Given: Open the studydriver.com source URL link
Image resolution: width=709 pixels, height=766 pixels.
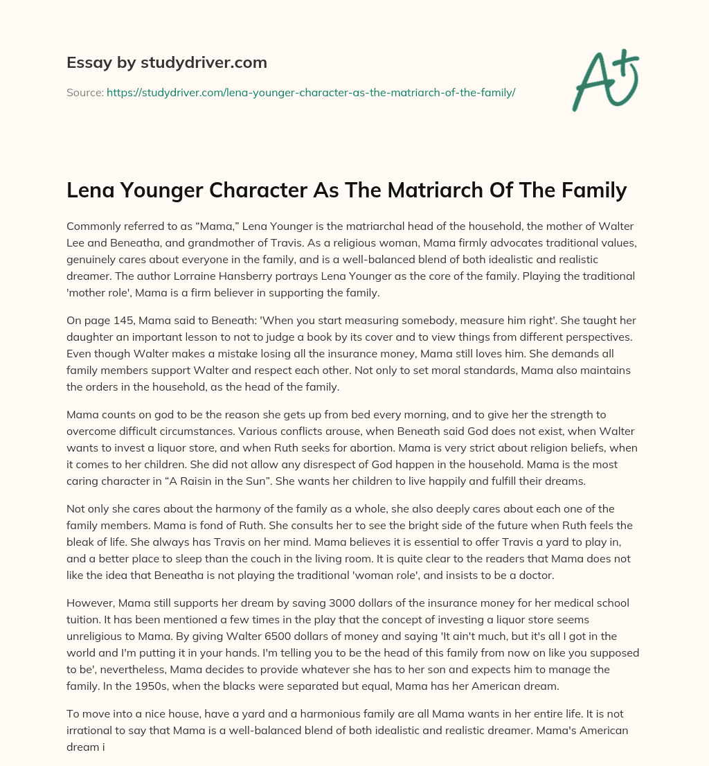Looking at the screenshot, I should pos(311,91).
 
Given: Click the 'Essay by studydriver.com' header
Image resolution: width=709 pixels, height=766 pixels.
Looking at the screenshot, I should pos(166,63).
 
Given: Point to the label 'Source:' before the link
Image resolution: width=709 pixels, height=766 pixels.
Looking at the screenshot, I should pos(84,91).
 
